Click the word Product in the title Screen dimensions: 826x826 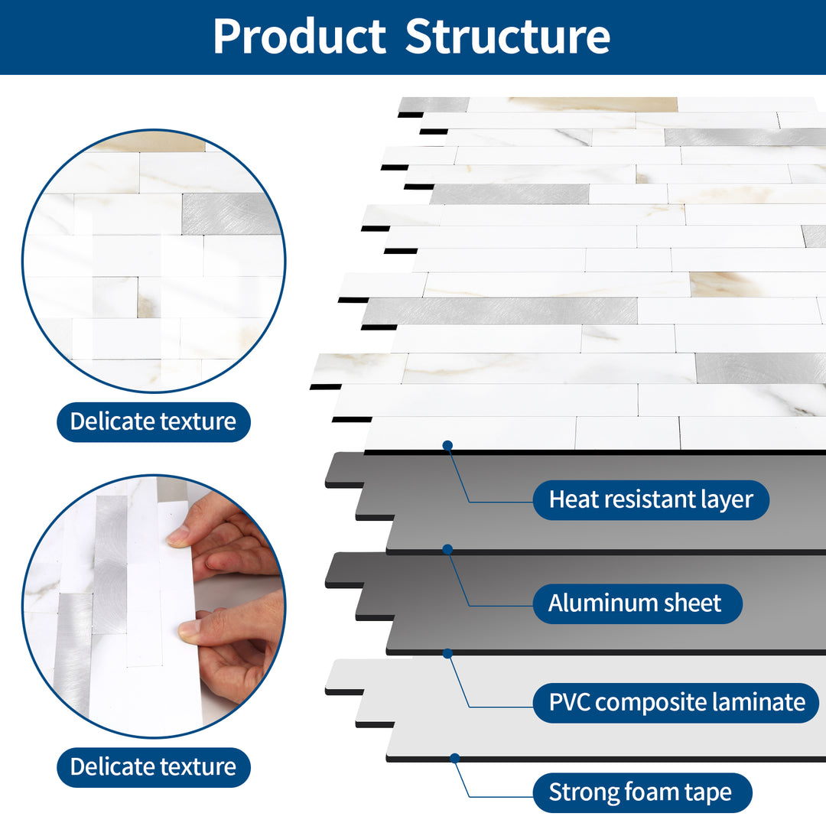(299, 36)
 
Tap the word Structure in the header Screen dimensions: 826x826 (508, 36)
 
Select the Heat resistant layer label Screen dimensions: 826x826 (651, 500)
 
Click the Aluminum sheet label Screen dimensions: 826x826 (635, 603)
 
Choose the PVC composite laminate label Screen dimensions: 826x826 (677, 702)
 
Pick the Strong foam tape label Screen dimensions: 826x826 (640, 792)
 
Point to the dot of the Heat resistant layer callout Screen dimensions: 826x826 (447, 445)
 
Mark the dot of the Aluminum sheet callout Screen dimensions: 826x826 (447, 549)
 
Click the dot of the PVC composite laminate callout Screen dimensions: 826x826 (447, 653)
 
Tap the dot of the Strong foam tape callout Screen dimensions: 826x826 (455, 758)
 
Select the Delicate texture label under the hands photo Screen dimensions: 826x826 (153, 767)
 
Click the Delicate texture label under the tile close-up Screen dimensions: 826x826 (153, 421)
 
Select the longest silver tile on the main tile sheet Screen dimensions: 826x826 (500, 311)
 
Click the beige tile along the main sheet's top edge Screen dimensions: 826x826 (593, 105)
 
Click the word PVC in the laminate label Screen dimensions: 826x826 (570, 702)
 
